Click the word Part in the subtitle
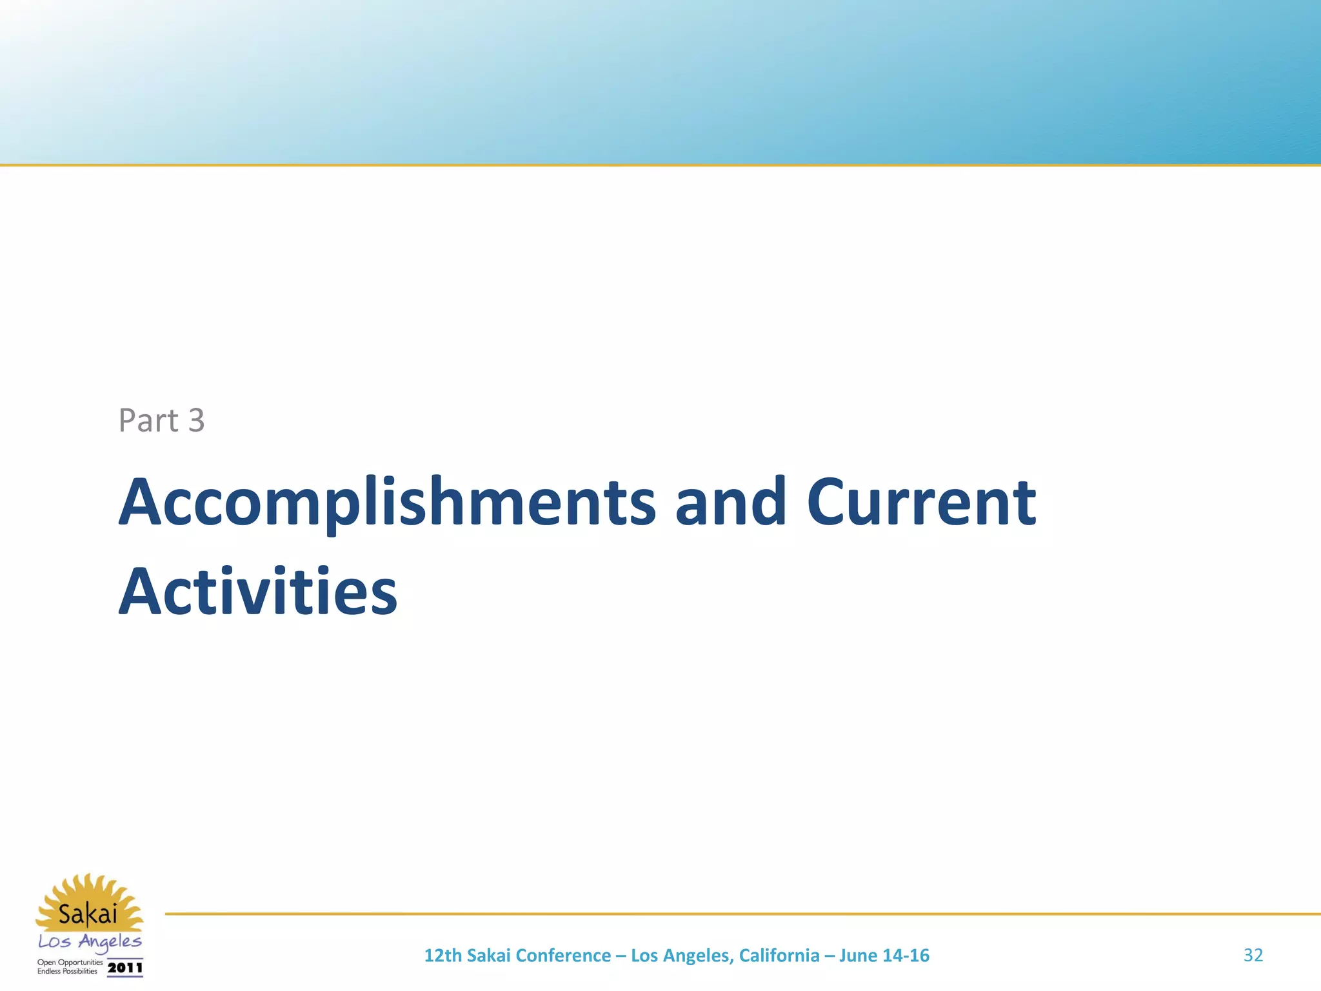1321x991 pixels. (x=148, y=421)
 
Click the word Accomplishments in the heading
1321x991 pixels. (x=387, y=503)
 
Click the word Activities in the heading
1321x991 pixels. (x=258, y=592)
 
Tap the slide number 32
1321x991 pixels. (x=1253, y=955)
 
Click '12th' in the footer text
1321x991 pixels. (x=442, y=956)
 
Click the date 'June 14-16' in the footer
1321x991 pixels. (x=884, y=956)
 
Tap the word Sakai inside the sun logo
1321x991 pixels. (x=88, y=914)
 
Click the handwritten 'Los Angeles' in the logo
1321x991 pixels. (x=90, y=942)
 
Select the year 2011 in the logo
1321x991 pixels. (x=125, y=968)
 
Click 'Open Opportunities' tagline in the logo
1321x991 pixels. (x=70, y=963)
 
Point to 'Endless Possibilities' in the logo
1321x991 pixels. (x=67, y=972)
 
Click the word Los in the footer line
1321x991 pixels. (x=644, y=956)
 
